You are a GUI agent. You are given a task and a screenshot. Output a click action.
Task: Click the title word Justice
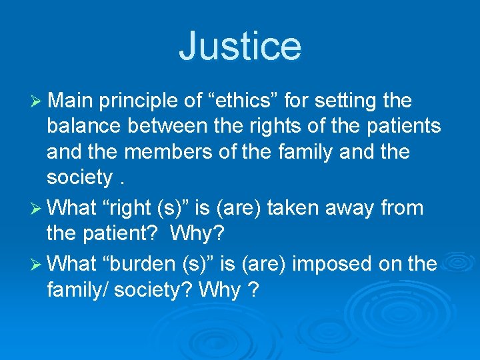(x=240, y=45)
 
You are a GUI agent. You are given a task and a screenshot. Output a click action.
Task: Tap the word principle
(x=141, y=101)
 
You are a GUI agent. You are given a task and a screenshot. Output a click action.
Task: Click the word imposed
(x=327, y=263)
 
